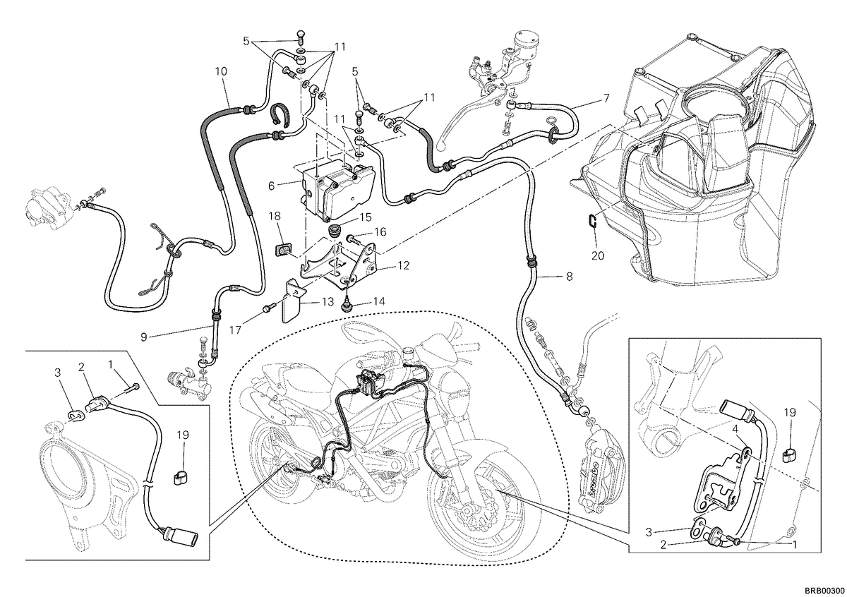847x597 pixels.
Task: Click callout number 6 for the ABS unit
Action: pyautogui.click(x=271, y=186)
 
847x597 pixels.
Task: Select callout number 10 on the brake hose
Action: pyautogui.click(x=221, y=71)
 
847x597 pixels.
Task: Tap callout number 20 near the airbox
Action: pyautogui.click(x=598, y=256)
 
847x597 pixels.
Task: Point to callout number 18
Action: pyautogui.click(x=275, y=216)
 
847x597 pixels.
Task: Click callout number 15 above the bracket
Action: pyautogui.click(x=366, y=217)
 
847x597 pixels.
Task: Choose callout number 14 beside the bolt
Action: pyautogui.click(x=379, y=301)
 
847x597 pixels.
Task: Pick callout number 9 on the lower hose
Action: pyautogui.click(x=144, y=337)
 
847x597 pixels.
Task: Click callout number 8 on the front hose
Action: pyautogui.click(x=569, y=277)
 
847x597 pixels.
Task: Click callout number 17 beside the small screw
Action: pyautogui.click(x=235, y=330)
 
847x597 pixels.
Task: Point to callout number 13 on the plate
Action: pyautogui.click(x=328, y=301)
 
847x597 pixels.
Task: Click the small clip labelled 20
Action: pyautogui.click(x=591, y=220)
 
